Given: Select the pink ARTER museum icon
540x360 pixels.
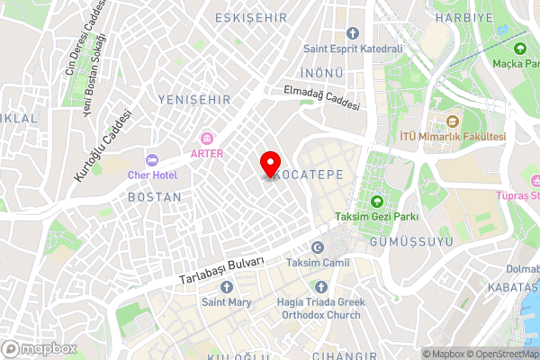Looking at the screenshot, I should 207,137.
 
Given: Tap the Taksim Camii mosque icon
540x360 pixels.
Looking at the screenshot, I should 316,247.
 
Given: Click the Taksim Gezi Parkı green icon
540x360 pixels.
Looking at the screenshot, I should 376,202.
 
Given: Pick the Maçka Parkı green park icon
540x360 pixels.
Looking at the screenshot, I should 519,49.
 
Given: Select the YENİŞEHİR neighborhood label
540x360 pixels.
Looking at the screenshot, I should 193,99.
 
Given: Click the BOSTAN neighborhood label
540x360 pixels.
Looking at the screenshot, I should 155,195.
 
